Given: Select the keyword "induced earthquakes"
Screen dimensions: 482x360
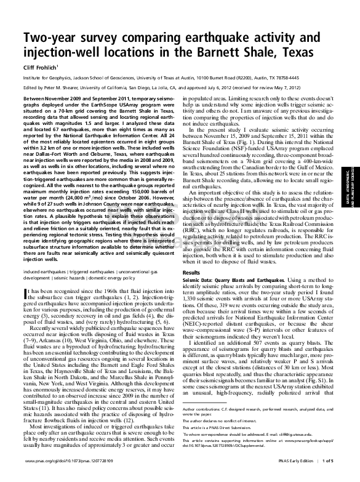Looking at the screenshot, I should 41,271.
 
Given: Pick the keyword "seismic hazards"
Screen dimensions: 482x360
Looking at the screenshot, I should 70,277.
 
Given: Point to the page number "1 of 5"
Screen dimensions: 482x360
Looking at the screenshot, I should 327,476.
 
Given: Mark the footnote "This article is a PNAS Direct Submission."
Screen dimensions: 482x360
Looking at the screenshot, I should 225,443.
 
